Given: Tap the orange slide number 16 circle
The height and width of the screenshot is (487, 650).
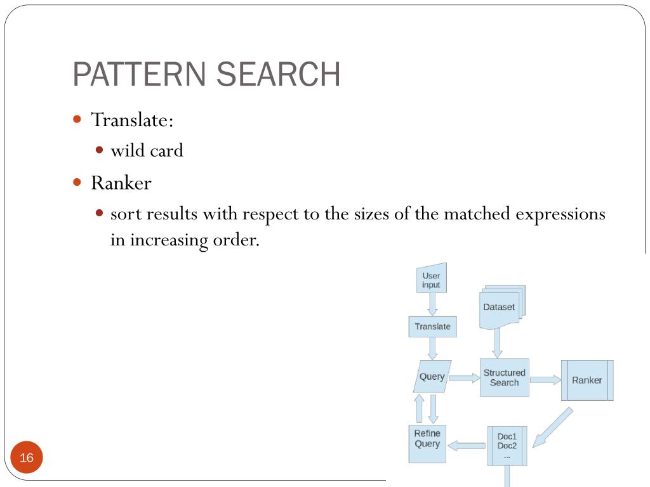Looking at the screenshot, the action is pyautogui.click(x=27, y=458).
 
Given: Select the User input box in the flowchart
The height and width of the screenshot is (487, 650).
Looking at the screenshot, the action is pyautogui.click(x=432, y=280).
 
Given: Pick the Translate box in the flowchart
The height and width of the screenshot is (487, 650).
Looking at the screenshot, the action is pyautogui.click(x=432, y=327).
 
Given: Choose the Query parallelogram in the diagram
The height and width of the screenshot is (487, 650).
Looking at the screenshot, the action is pyautogui.click(x=432, y=377).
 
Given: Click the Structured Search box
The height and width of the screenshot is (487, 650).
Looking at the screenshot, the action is pyautogui.click(x=504, y=378).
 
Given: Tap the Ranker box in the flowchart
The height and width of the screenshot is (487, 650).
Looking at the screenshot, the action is pyautogui.click(x=587, y=380).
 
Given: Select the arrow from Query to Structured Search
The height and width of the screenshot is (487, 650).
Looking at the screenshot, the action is pyautogui.click(x=465, y=378).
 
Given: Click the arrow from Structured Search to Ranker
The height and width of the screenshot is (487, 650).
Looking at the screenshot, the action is pyautogui.click(x=545, y=380).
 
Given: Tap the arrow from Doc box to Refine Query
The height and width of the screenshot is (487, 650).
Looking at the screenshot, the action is pyautogui.click(x=467, y=445).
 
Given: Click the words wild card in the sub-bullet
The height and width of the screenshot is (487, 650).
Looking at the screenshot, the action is pyautogui.click(x=147, y=151).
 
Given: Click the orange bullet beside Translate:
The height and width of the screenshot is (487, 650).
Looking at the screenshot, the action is pyautogui.click(x=77, y=119).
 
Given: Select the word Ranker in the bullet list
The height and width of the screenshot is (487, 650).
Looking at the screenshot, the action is pyautogui.click(x=121, y=183).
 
